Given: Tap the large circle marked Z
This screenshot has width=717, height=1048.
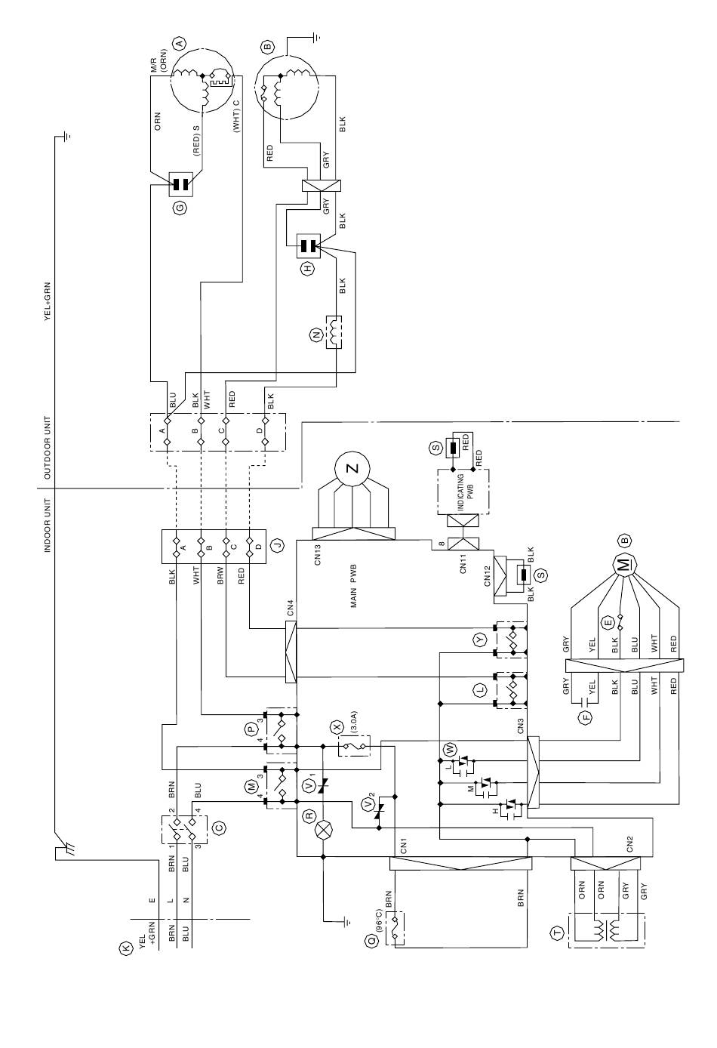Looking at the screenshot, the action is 352,468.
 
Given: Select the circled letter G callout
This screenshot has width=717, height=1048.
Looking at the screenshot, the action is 180,207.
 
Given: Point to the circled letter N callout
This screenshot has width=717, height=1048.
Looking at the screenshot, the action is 316,334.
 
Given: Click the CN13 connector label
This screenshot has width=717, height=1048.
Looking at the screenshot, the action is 318,555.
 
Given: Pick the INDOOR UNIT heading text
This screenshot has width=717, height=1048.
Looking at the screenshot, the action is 48,526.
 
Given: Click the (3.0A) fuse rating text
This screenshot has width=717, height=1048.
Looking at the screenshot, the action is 353,722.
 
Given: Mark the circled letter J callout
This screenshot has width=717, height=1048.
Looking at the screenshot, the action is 277,545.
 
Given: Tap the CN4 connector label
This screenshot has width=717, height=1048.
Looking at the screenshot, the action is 291,609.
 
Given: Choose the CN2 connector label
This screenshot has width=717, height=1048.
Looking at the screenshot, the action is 629,843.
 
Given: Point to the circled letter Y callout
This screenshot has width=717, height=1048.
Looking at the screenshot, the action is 480,640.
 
